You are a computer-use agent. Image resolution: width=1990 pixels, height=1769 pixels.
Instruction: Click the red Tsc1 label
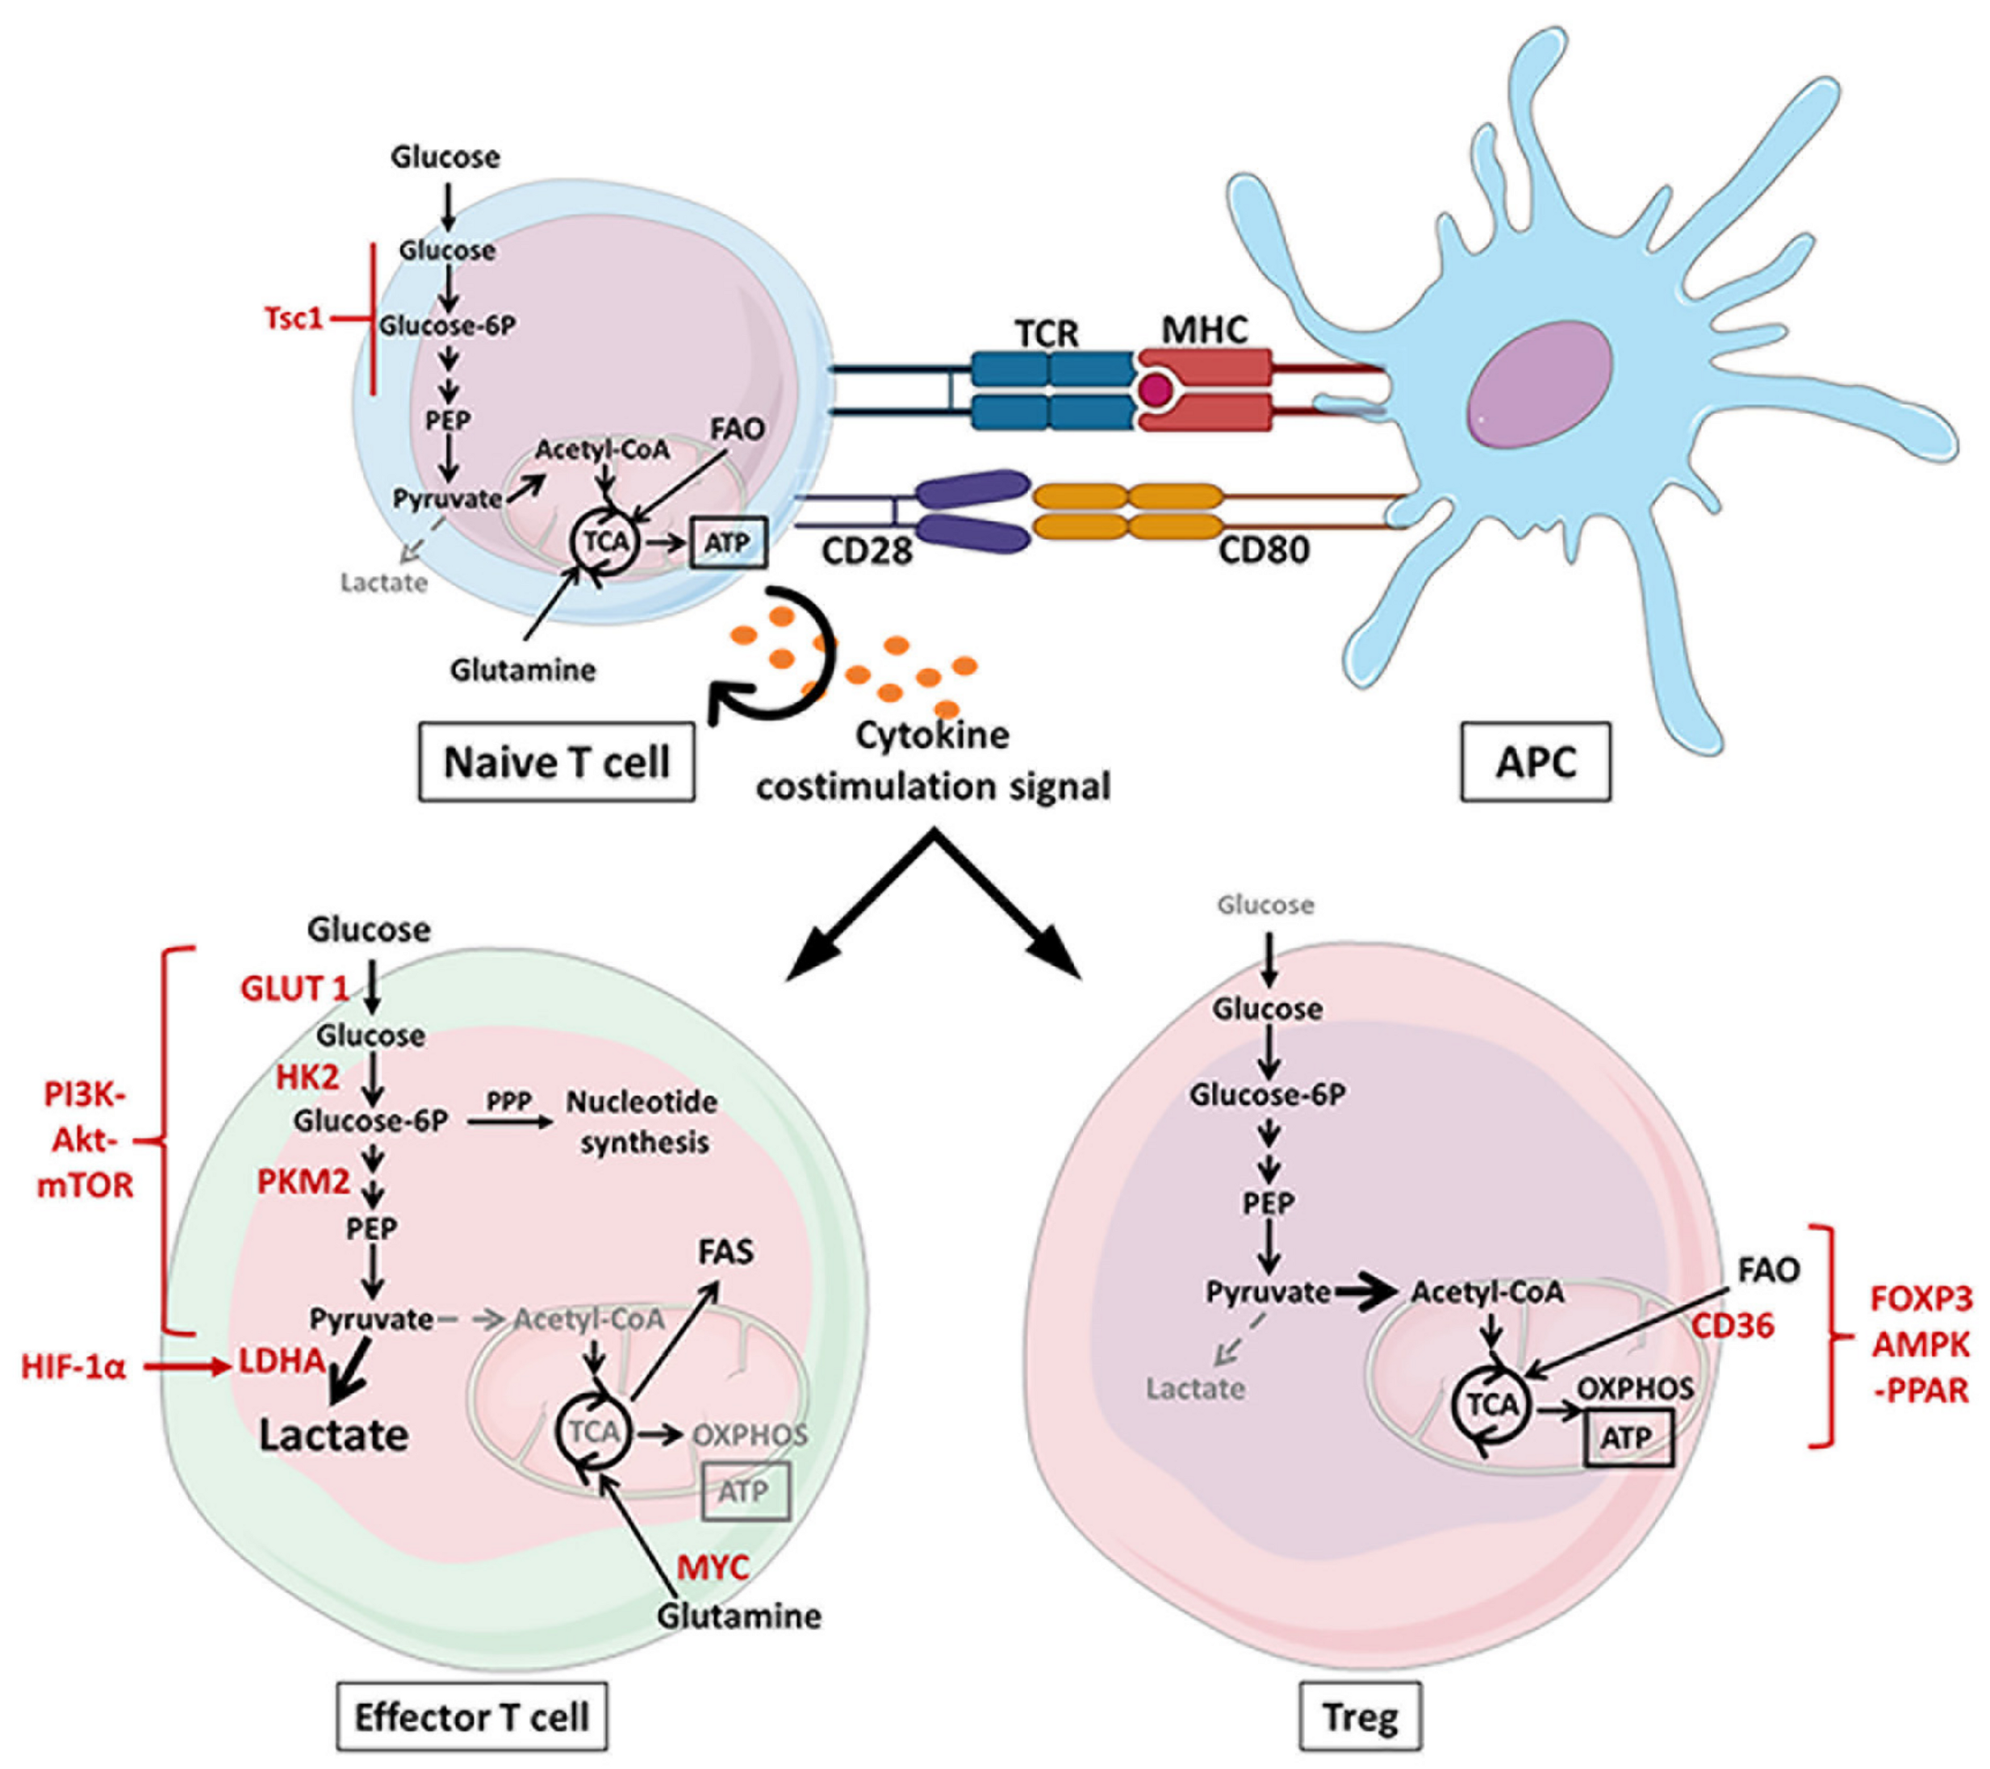tap(293, 318)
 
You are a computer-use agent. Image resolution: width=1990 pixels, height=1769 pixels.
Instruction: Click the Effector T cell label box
tap(471, 1716)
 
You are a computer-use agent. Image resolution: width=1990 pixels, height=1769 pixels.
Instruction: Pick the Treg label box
tap(1360, 1716)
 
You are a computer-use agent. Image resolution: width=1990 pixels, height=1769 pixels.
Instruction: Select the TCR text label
tap(1047, 333)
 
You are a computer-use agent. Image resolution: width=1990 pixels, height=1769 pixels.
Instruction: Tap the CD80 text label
tap(1264, 551)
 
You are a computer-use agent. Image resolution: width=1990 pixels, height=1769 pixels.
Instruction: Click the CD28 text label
tap(867, 551)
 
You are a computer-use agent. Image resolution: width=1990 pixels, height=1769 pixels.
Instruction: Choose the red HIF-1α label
tap(74, 1368)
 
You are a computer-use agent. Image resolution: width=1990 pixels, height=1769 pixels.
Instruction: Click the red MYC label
tap(713, 1567)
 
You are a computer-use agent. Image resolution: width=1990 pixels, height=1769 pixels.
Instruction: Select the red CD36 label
tap(1732, 1325)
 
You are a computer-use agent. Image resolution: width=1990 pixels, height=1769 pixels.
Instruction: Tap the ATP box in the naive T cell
tap(728, 542)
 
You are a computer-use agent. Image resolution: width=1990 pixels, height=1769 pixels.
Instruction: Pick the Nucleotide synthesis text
tap(642, 1122)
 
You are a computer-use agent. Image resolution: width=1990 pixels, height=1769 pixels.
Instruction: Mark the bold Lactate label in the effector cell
tap(333, 1435)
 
